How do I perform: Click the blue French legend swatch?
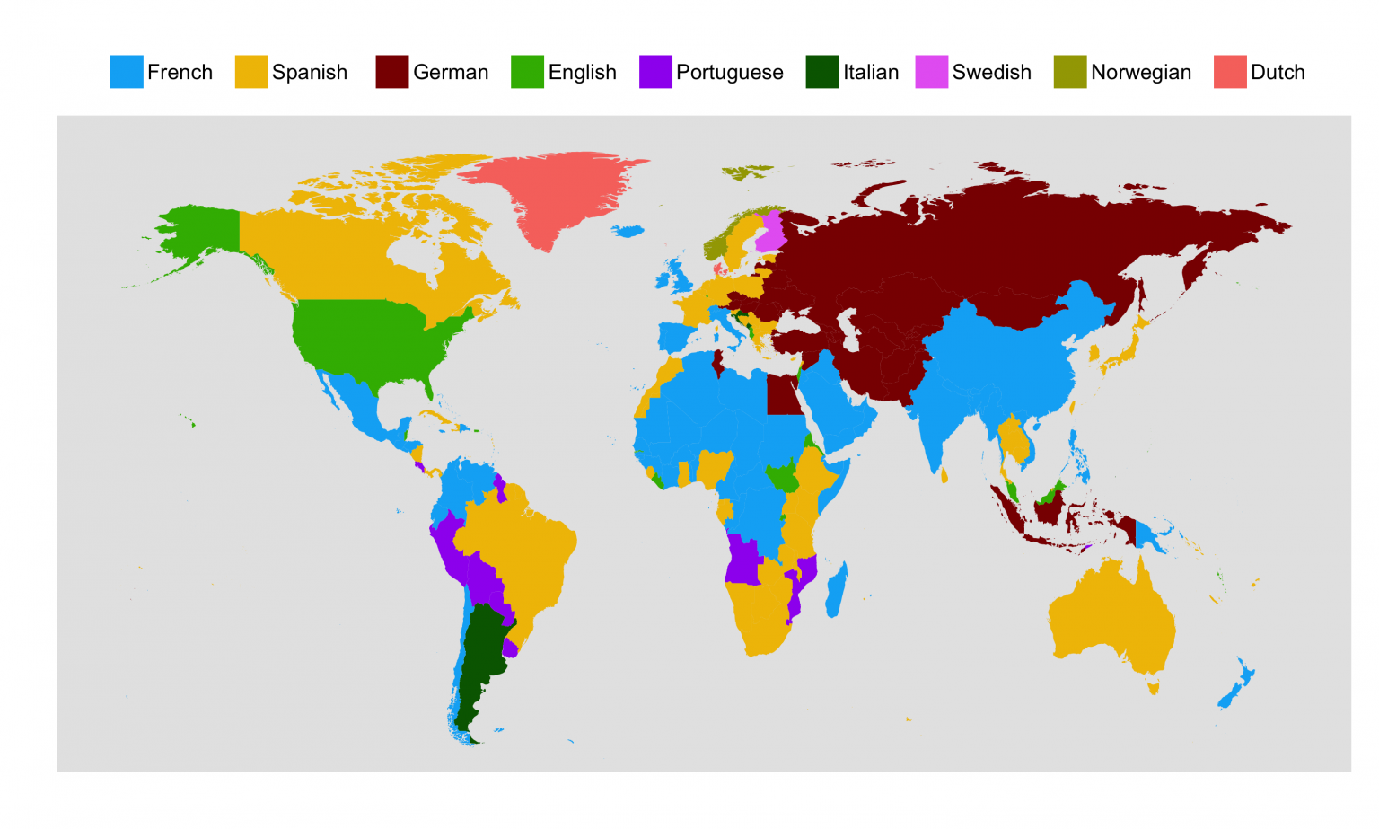(127, 72)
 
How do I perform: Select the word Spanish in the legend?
(309, 72)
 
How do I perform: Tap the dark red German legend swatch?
(392, 72)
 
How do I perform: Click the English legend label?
(582, 72)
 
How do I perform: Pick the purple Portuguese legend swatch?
(655, 72)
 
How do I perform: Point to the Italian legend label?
(870, 72)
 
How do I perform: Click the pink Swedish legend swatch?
(932, 72)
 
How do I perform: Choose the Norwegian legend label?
(1140, 72)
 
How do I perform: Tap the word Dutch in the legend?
(1277, 72)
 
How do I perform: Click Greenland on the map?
(552, 193)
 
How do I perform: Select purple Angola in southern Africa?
(743, 561)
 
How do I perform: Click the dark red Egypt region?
(784, 395)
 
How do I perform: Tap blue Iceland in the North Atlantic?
(628, 231)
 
